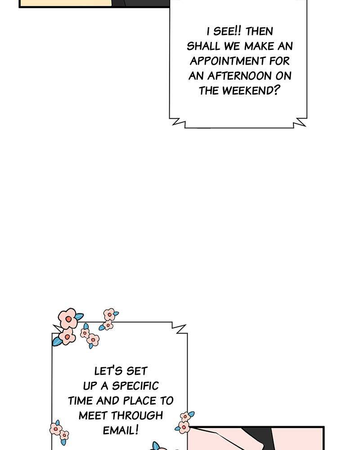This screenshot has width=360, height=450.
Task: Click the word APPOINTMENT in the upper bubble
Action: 228,61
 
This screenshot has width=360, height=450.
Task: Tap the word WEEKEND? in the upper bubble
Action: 251,91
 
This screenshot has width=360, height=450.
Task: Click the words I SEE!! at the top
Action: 224,31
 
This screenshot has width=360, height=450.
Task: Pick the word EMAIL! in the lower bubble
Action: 121,430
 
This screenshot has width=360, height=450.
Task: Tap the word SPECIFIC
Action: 135,386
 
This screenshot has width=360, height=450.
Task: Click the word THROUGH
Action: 137,415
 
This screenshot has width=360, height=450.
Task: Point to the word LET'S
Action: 108,371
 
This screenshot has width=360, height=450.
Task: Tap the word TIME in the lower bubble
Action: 81,400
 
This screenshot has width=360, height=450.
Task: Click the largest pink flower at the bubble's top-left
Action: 68,318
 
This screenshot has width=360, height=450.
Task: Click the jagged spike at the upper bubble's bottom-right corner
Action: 299,122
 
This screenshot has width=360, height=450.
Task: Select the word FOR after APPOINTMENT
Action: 279,61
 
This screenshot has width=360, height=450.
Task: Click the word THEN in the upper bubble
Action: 259,31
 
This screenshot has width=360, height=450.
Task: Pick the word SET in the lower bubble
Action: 137,371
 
